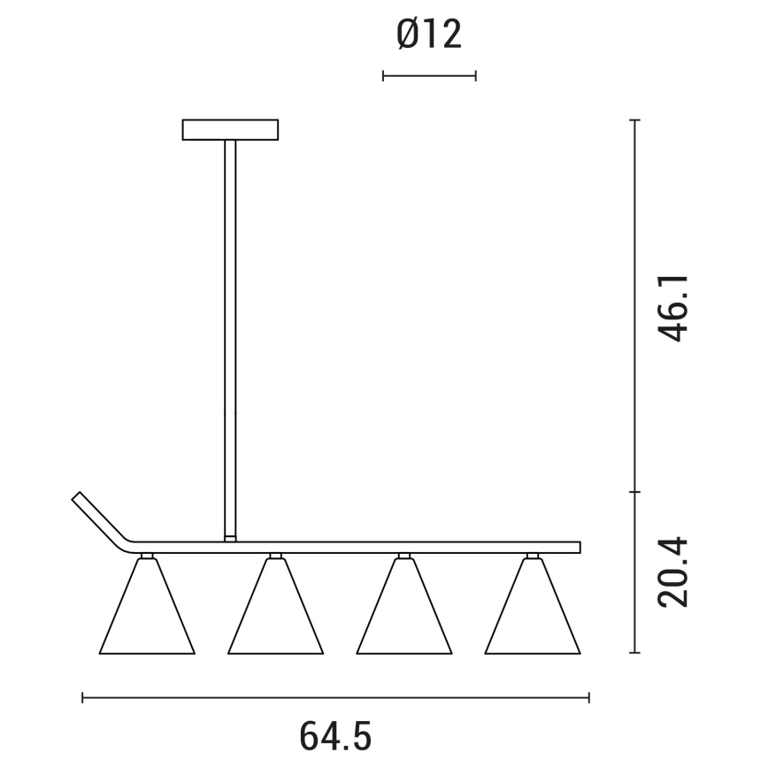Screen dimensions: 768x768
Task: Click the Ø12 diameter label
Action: click(429, 35)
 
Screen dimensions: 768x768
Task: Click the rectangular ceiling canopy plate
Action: click(230, 130)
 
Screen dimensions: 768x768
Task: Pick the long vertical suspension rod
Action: click(230, 336)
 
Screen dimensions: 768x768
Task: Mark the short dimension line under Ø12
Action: click(429, 76)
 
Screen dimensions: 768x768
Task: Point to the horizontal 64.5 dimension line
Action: click(336, 699)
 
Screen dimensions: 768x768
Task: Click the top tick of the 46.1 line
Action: click(634, 119)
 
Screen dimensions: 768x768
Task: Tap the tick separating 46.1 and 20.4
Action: click(634, 492)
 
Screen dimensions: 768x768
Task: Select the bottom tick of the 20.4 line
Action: click(634, 653)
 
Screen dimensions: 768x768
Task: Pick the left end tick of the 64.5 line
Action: click(82, 699)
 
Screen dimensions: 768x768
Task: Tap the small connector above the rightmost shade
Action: click(532, 556)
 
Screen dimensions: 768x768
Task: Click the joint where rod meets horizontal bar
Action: click(230, 537)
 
